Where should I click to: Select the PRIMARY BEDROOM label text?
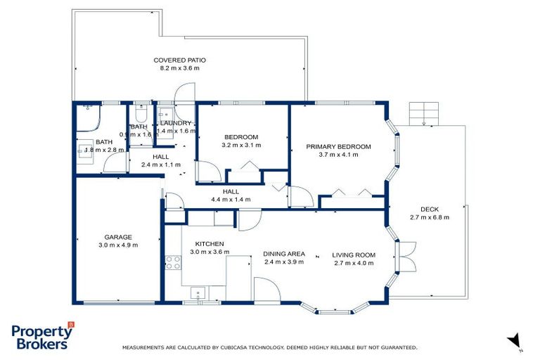[x=338, y=147]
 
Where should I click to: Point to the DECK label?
[x=429, y=209]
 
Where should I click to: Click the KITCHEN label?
[x=209, y=243]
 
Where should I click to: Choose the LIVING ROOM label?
[x=354, y=255]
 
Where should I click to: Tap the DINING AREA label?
[x=283, y=254]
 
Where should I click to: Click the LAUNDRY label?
[x=175, y=123]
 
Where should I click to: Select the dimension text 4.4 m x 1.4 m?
[x=231, y=199]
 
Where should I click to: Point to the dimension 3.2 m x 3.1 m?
[x=241, y=145]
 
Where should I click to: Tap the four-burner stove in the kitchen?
[x=173, y=262]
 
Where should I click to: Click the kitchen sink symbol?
[x=200, y=294]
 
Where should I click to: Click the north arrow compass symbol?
[x=514, y=340]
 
